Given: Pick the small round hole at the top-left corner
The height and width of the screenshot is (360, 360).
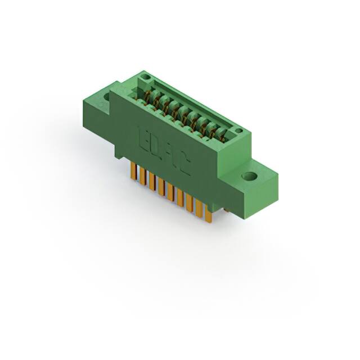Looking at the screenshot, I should tap(145, 75).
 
